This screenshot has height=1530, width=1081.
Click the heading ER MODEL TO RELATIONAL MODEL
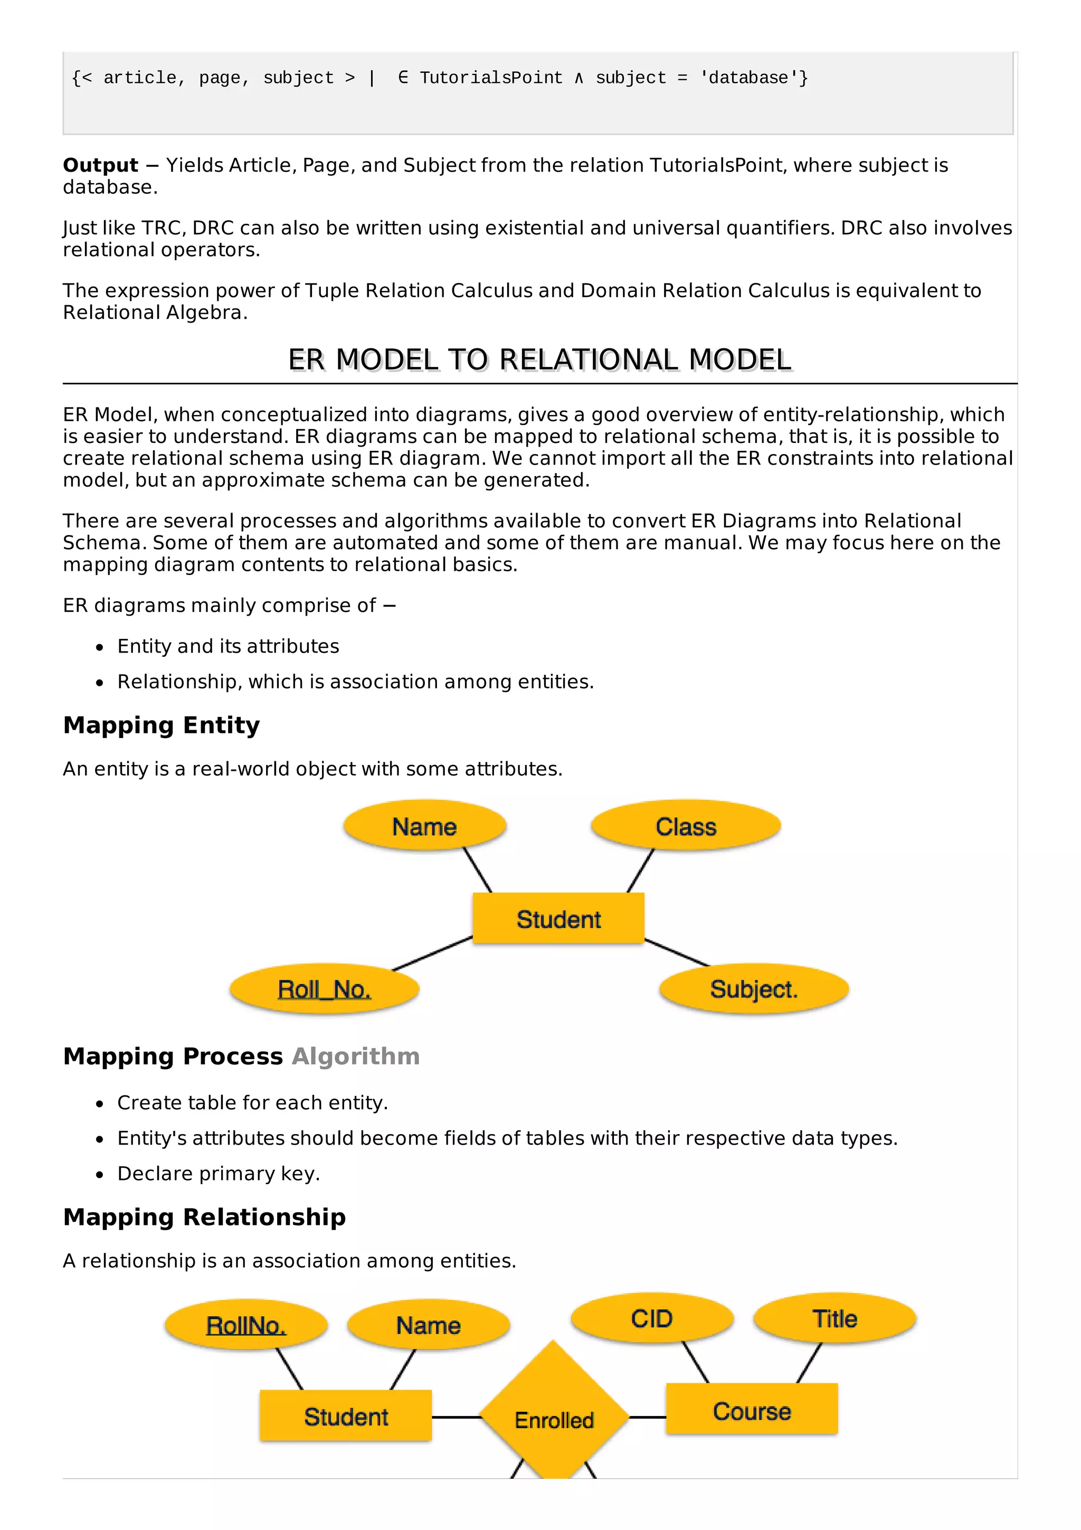[x=539, y=360]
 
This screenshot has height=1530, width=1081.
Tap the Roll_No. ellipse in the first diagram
[x=325, y=989]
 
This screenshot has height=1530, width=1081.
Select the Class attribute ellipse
[x=685, y=826]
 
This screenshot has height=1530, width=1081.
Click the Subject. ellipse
[x=753, y=989]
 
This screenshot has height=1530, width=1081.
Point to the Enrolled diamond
[x=554, y=1419]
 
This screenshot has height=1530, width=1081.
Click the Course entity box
[x=751, y=1411]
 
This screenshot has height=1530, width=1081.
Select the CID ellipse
[x=652, y=1319]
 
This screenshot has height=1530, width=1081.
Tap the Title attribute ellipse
[x=835, y=1319]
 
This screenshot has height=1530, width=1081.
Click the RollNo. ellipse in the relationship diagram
[x=246, y=1325]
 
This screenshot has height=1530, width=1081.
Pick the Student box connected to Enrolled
[x=346, y=1416]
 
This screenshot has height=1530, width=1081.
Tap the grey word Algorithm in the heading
[x=356, y=1056]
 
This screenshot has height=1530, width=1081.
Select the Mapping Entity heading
[x=161, y=725]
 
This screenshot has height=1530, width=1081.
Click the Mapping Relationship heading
[x=204, y=1217]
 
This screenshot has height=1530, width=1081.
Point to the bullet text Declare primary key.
[x=219, y=1174]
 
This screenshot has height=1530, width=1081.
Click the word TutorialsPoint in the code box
[x=491, y=78]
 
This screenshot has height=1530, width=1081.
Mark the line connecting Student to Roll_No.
[x=432, y=953]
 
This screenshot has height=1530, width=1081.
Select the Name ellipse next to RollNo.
[x=428, y=1325]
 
